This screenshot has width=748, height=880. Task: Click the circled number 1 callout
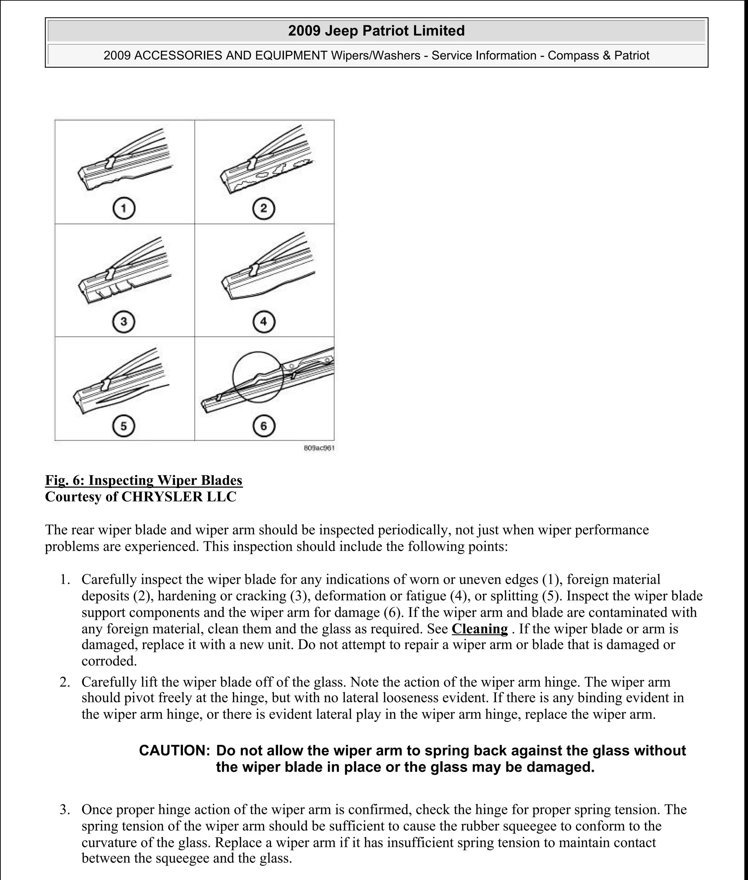coord(124,209)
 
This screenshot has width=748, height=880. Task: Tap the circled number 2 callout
coord(264,209)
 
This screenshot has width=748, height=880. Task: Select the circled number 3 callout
coord(124,321)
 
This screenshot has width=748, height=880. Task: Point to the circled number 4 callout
coord(264,321)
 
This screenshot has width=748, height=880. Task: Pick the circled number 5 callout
coord(124,426)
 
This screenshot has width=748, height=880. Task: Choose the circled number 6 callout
coord(264,426)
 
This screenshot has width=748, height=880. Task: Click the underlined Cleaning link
coord(480,629)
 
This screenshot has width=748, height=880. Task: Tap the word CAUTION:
coord(174,751)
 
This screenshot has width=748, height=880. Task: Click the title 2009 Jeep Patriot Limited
coord(376,31)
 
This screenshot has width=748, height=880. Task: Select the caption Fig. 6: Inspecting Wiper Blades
coord(144,480)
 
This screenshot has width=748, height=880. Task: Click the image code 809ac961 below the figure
coord(319,448)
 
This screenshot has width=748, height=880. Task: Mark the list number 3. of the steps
coord(65,809)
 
